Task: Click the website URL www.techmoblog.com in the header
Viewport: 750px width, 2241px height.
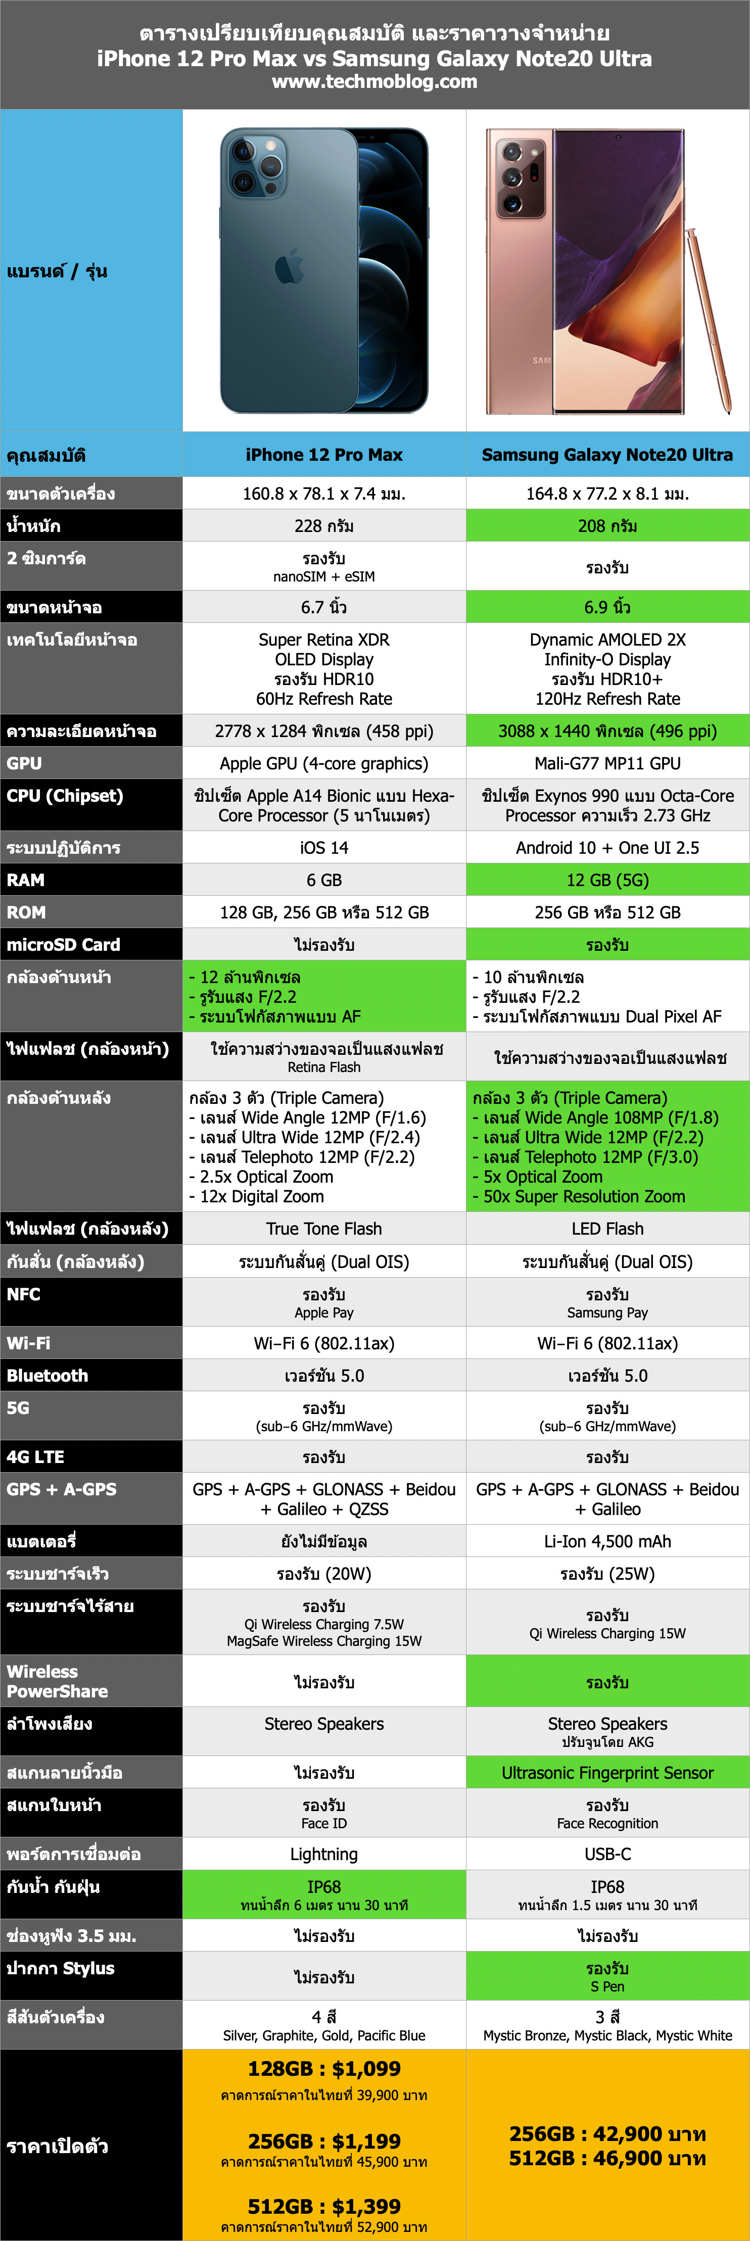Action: [374, 82]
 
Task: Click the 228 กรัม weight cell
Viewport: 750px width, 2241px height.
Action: [323, 525]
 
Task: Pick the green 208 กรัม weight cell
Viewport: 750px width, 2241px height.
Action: [607, 525]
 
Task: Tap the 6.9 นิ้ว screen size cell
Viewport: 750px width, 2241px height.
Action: [607, 607]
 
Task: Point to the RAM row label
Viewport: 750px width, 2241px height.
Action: [26, 880]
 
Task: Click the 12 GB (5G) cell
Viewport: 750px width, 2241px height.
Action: [607, 880]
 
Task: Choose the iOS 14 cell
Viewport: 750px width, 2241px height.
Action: [323, 847]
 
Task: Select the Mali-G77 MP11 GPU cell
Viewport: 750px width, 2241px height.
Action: [607, 763]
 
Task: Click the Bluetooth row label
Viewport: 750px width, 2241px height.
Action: [48, 1376]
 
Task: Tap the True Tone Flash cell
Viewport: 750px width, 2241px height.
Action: [323, 1229]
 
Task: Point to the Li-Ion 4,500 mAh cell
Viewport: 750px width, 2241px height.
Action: [607, 1541]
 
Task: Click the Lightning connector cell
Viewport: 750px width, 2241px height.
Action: [323, 1854]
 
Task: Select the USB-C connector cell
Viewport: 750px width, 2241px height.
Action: [607, 1854]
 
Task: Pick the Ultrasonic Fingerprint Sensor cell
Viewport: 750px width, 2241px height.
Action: [607, 1772]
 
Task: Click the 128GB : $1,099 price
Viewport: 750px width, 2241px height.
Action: [323, 2069]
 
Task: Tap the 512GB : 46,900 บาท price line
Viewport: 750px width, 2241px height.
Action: [607, 2158]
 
